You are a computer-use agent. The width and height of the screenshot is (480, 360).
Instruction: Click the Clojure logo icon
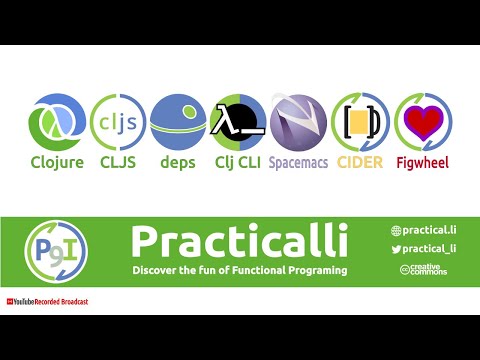click(57, 121)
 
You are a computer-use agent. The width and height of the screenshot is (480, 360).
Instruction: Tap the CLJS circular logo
click(117, 121)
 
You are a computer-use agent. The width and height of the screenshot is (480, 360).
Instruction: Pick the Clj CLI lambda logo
click(238, 121)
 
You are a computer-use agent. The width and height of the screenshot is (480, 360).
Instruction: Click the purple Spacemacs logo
click(298, 121)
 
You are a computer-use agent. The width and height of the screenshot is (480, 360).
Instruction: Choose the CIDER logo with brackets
click(359, 121)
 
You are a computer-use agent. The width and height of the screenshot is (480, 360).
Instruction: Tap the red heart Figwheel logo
click(423, 121)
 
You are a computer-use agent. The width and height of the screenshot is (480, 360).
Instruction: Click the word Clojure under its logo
click(57, 161)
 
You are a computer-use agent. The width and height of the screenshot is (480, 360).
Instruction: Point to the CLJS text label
click(117, 161)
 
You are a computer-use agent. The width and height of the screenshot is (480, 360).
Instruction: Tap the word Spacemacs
click(298, 161)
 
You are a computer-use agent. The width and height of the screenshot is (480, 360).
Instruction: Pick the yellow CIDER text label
click(359, 161)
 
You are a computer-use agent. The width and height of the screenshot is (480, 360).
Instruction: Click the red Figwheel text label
click(423, 161)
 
